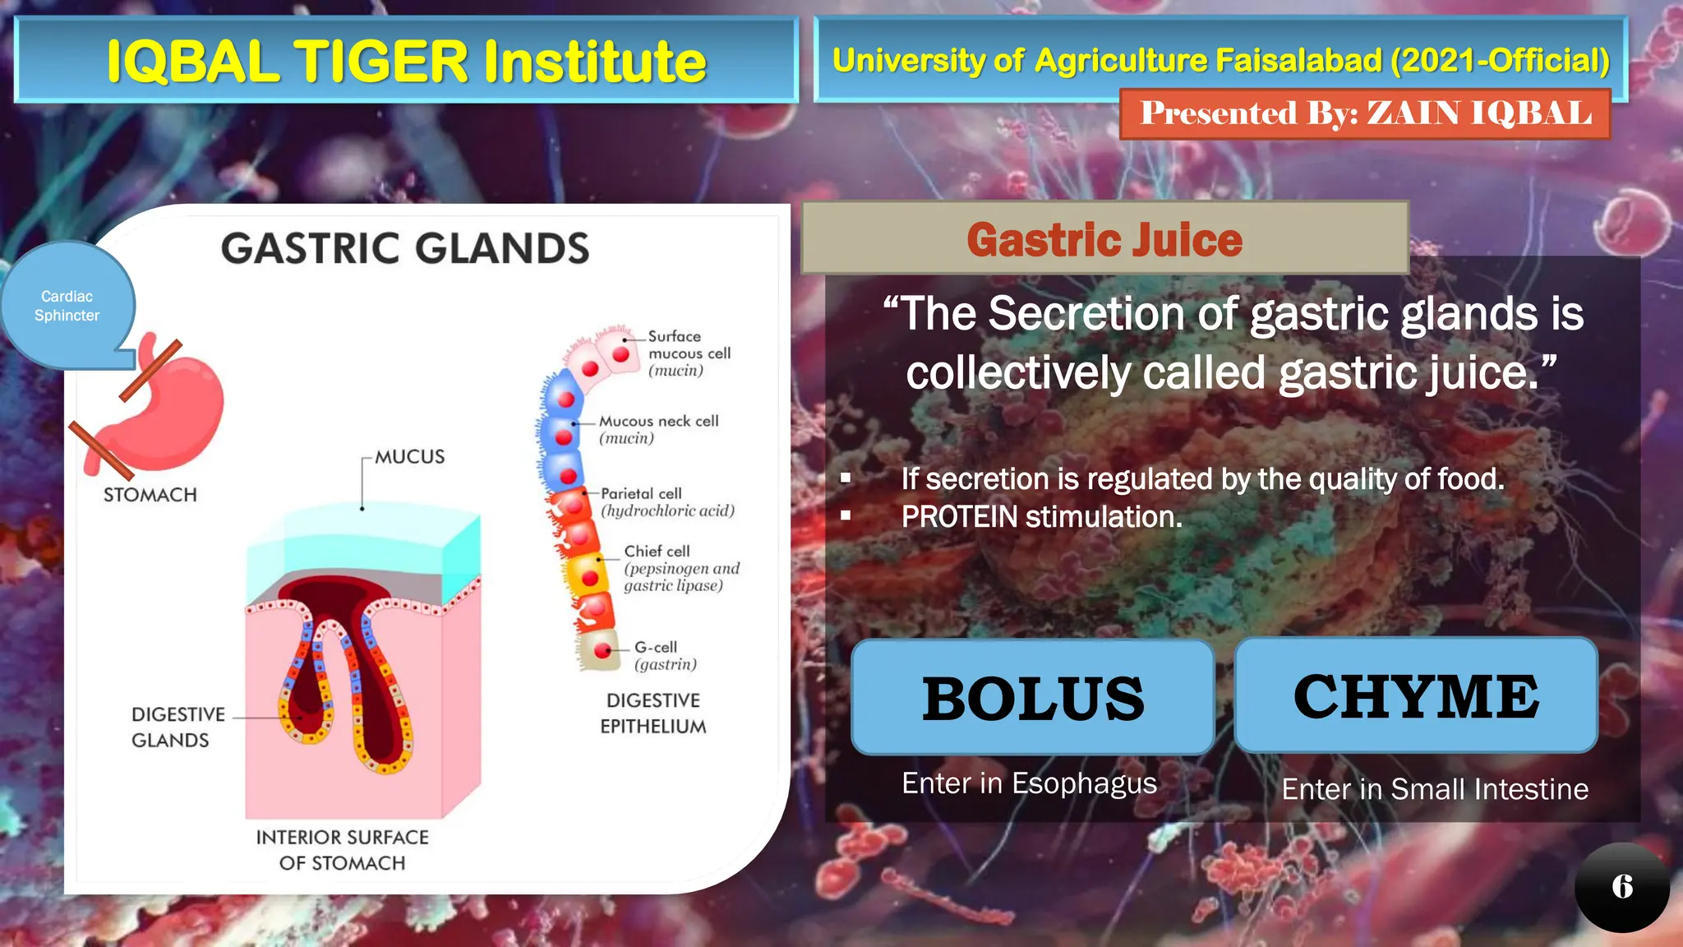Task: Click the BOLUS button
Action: click(x=1033, y=698)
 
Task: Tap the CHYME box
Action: click(x=1416, y=696)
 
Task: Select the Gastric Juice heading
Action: click(x=1104, y=239)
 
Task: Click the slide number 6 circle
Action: click(x=1621, y=886)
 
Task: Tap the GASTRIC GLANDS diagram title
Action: click(x=405, y=248)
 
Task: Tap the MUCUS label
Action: click(x=409, y=457)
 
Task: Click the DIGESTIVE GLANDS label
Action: click(x=178, y=727)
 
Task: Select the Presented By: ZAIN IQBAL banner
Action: click(x=1365, y=113)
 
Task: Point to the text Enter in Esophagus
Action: click(x=1029, y=783)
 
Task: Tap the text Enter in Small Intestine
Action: click(x=1435, y=789)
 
